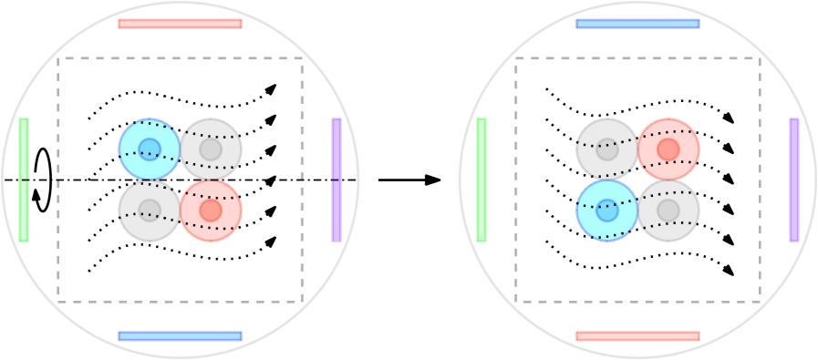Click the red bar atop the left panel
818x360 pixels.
pyautogui.click(x=180, y=24)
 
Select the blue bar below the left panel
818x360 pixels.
pyautogui.click(x=180, y=336)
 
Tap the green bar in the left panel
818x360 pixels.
pyautogui.click(x=24, y=180)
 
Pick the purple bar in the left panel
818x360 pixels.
pyautogui.click(x=337, y=180)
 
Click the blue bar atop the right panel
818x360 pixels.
pyautogui.click(x=637, y=24)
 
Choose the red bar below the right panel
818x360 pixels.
pyautogui.click(x=637, y=336)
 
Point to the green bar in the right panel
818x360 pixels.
pyautogui.click(x=481, y=180)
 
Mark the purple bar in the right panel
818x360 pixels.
pyautogui.click(x=794, y=180)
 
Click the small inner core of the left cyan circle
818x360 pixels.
pyautogui.click(x=150, y=149)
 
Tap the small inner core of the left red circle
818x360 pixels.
pyautogui.click(x=211, y=211)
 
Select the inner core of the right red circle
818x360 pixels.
pyautogui.click(x=668, y=149)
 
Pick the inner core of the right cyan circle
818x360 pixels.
pyautogui.click(x=607, y=211)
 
